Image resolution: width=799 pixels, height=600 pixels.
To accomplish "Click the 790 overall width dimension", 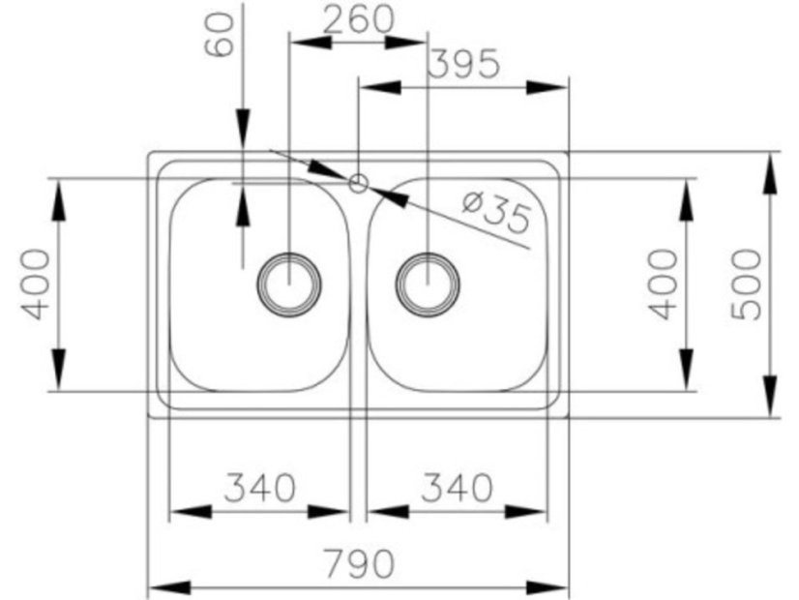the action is point(359,563).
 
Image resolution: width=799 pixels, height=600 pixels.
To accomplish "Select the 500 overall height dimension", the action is point(746,285).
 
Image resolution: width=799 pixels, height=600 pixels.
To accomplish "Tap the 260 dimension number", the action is point(359,19).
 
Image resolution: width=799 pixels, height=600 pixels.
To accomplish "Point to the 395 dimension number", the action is point(463,64).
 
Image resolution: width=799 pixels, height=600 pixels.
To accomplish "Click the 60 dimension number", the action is point(220,35).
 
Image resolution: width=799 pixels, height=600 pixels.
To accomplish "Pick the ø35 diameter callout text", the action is point(496,212).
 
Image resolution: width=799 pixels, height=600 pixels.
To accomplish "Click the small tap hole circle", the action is point(358,183).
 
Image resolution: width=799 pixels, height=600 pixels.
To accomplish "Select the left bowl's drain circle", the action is point(289,285).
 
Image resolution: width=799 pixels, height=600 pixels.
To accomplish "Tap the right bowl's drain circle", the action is point(428,285).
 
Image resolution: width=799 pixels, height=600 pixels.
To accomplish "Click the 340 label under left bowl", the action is point(260,488).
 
